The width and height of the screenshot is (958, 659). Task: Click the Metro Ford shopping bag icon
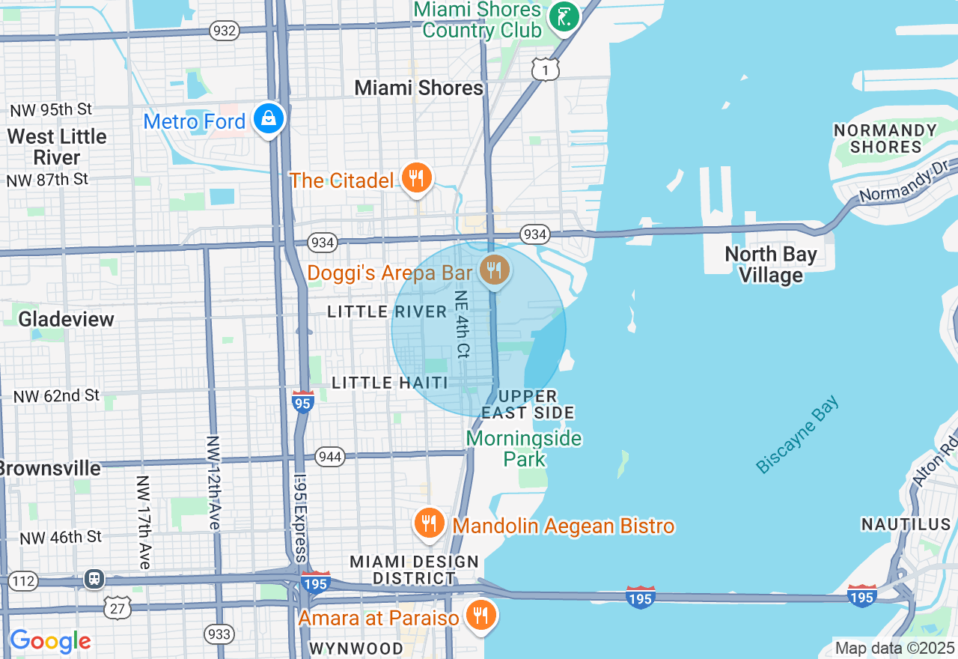(268, 118)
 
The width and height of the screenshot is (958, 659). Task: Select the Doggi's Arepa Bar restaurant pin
(493, 271)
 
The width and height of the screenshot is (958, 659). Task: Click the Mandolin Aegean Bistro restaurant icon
(429, 523)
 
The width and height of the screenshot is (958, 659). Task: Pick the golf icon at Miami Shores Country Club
(564, 16)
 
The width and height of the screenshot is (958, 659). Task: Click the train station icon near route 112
(94, 579)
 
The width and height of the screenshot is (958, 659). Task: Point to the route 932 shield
(225, 31)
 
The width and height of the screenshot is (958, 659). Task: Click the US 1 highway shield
(546, 70)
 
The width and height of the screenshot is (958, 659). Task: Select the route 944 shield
(329, 457)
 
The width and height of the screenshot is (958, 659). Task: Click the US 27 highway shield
(118, 607)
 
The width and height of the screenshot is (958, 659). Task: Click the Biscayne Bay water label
(798, 435)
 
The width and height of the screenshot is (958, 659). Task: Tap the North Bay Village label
(771, 264)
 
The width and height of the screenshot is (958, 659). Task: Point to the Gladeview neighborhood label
(67, 319)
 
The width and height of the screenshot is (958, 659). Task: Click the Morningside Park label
(524, 448)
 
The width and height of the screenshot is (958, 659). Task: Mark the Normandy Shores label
(885, 139)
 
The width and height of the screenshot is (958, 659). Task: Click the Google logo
(50, 641)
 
